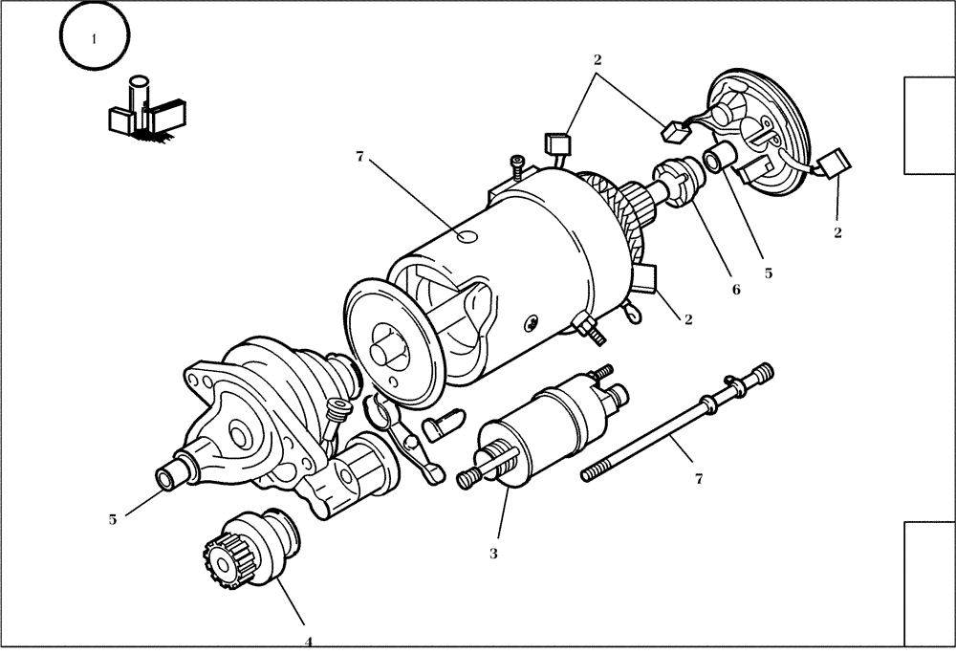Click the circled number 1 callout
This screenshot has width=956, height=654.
click(x=94, y=39)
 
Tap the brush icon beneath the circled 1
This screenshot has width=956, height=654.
click(x=146, y=111)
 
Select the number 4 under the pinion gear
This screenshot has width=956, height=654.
click(x=308, y=642)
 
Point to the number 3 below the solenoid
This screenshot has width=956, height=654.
click(x=493, y=553)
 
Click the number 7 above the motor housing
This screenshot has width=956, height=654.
click(x=359, y=156)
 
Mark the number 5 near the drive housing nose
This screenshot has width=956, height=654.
click(x=112, y=519)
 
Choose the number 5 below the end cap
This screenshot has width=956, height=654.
click(x=768, y=272)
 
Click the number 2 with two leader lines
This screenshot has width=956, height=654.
click(x=597, y=59)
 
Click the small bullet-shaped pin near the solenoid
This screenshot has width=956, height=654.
click(x=440, y=425)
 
